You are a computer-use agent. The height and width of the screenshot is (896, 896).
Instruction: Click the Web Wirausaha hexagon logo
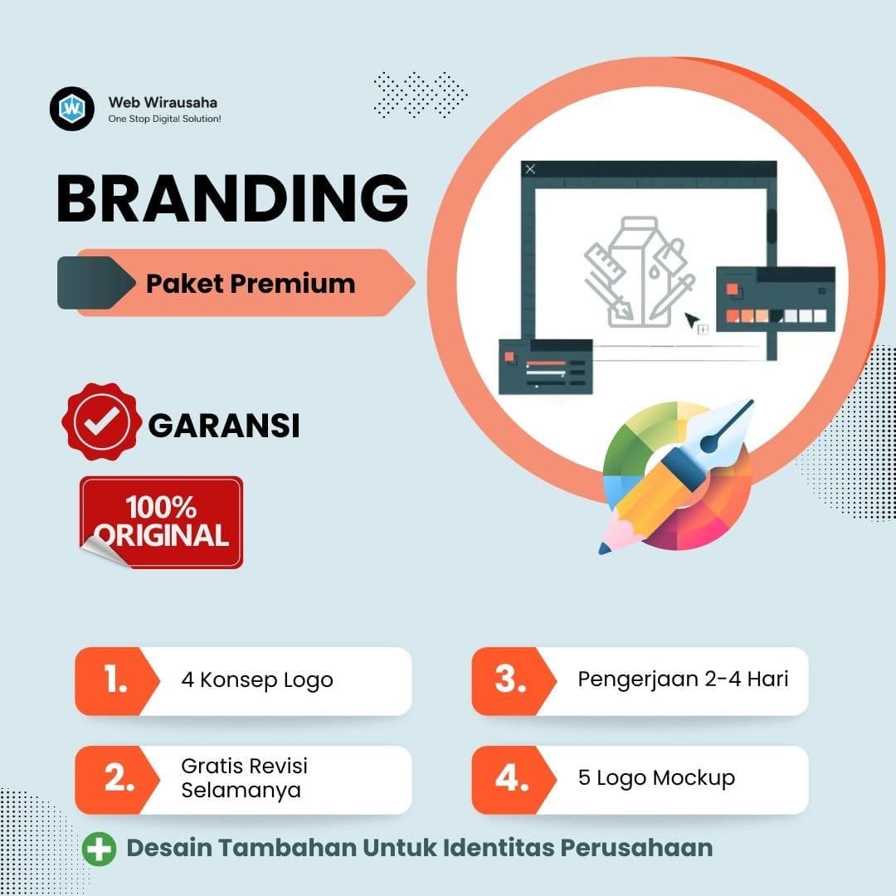point(72,109)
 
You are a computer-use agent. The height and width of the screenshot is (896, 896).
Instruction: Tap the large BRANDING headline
point(232,200)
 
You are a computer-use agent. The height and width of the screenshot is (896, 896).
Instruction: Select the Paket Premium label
point(251,284)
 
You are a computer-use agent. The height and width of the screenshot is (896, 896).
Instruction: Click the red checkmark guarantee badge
point(100,422)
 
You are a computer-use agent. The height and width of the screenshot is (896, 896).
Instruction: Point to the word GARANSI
point(224,426)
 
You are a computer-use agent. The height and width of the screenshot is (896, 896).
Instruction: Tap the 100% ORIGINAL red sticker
point(161,522)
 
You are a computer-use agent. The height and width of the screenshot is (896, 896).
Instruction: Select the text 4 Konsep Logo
point(257,680)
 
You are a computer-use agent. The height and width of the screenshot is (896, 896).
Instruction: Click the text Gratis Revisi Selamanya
point(245,778)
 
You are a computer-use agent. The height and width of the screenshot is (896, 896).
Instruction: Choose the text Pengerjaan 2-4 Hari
point(683,679)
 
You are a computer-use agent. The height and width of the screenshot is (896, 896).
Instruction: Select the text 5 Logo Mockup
point(656,778)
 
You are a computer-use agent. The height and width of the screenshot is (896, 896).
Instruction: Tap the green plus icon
point(100,849)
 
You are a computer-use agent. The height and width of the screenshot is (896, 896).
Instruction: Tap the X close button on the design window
point(531,169)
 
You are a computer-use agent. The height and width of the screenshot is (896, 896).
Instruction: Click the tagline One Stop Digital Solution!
point(164,119)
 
